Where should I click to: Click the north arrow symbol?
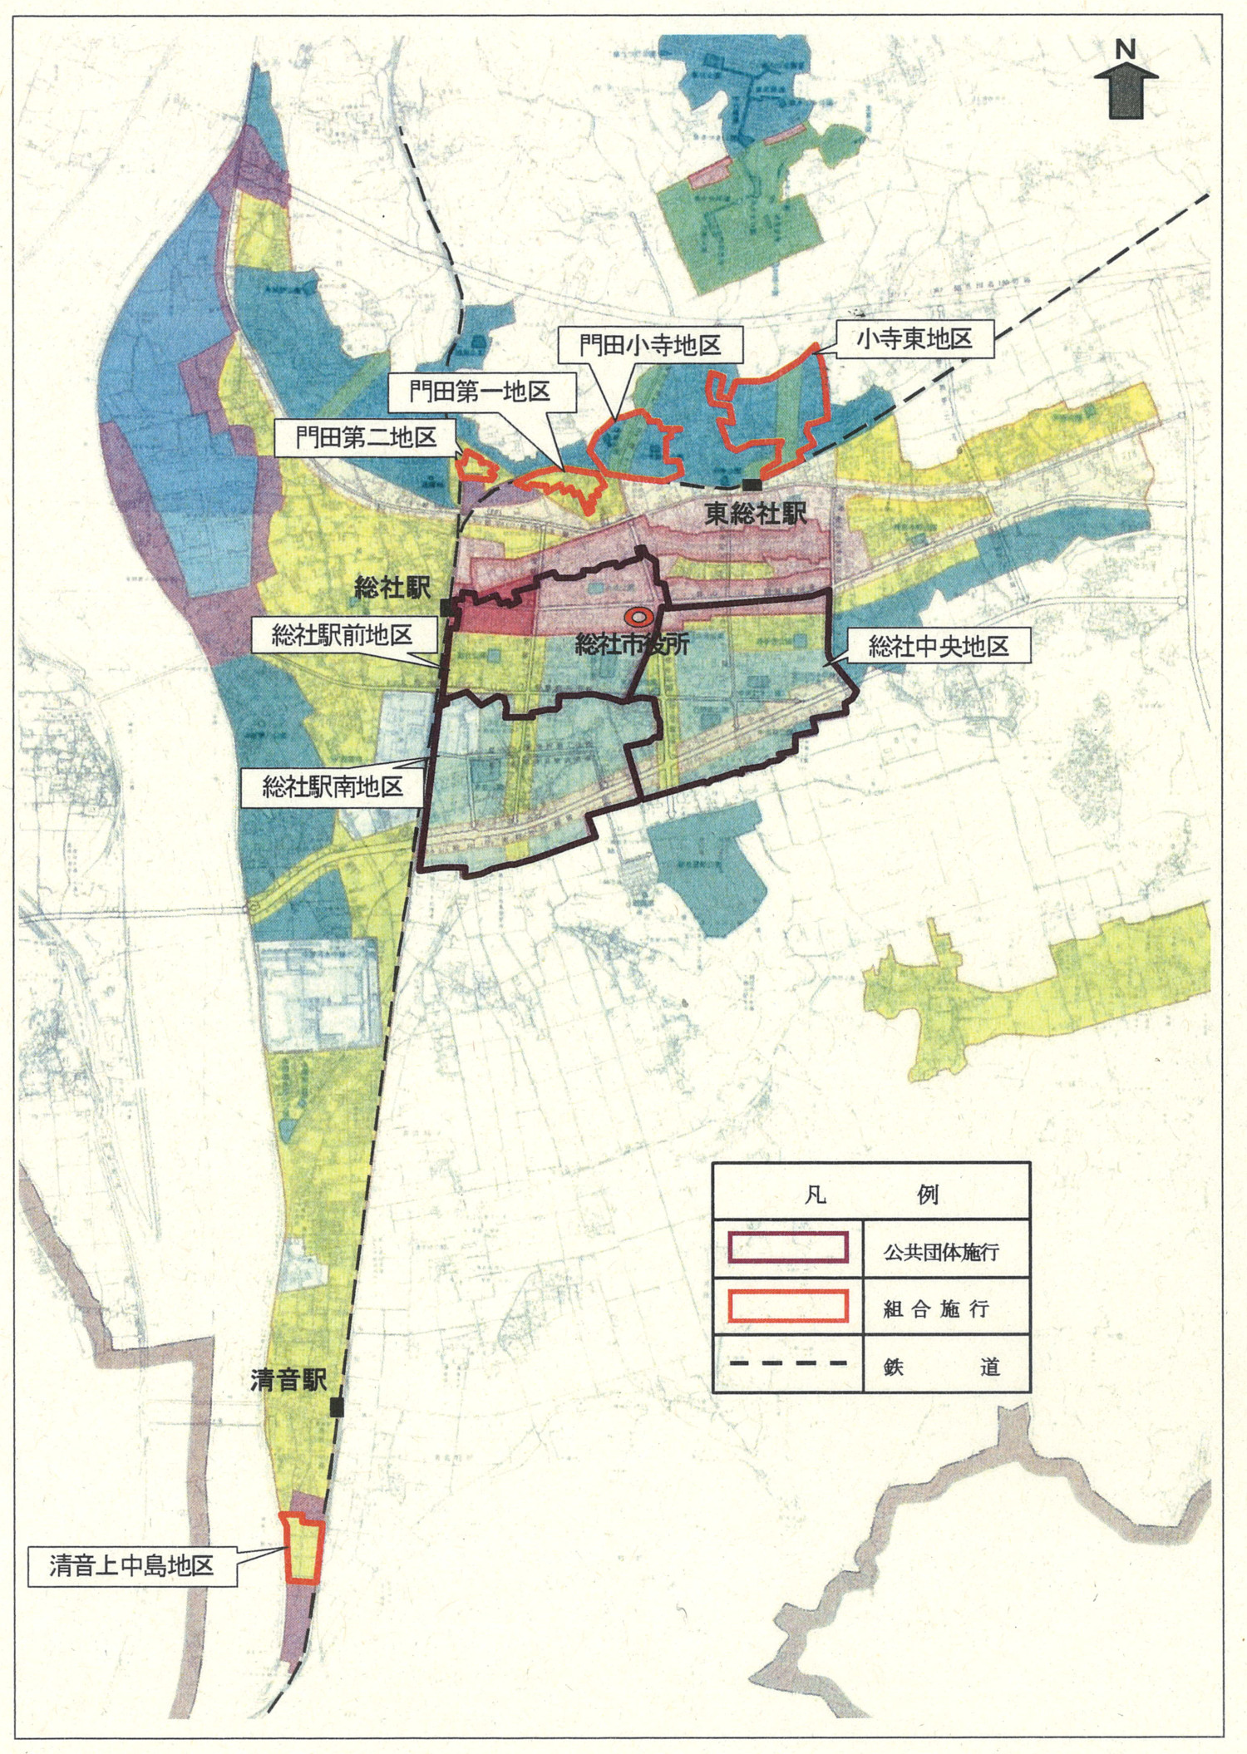(x=1126, y=87)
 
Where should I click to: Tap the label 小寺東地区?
(x=914, y=339)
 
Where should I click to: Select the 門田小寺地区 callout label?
(x=650, y=345)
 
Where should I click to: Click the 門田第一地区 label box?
(x=481, y=391)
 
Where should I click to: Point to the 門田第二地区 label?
(x=367, y=437)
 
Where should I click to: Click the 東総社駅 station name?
(x=756, y=514)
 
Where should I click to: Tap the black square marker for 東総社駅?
(x=752, y=485)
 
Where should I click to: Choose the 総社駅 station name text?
(x=392, y=589)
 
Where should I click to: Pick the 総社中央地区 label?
(x=939, y=647)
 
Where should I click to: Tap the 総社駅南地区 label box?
(x=333, y=786)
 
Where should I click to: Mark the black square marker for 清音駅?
(x=337, y=1407)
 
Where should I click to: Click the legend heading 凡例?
(x=870, y=1195)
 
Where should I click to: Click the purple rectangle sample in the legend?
(x=787, y=1249)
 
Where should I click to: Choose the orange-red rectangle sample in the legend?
(x=787, y=1307)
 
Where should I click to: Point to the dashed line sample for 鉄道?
(x=787, y=1363)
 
